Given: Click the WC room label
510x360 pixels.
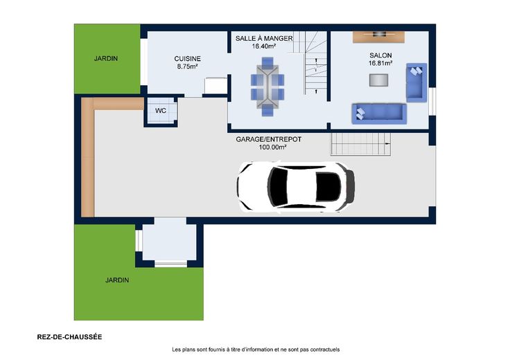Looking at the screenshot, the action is (x=161, y=111).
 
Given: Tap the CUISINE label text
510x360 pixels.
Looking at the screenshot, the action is (x=187, y=59).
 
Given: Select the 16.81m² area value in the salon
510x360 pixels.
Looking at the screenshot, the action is (x=380, y=64).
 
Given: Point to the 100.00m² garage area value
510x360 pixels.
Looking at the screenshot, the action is (x=272, y=147).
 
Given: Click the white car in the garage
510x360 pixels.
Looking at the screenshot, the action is (x=296, y=187).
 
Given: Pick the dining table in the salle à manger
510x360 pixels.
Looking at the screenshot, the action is (x=267, y=87).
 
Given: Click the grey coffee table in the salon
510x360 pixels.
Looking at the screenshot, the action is (x=378, y=80).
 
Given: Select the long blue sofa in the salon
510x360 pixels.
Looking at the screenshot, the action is (x=379, y=114).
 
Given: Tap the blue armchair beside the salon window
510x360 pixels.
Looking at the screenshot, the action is (x=416, y=82).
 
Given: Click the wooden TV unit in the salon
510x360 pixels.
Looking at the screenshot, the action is (x=378, y=37).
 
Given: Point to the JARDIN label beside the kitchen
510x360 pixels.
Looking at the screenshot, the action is (x=106, y=58).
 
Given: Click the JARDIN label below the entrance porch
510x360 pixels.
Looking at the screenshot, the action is (x=117, y=280).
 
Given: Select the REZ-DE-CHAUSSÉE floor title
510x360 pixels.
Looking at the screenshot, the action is (x=69, y=337).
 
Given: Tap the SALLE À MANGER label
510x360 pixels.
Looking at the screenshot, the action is (x=264, y=38).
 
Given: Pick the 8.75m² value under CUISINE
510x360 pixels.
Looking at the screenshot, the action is (x=187, y=66).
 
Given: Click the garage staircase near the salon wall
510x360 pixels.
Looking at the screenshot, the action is (x=360, y=144).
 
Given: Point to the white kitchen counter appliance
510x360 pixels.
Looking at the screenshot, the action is (x=216, y=86).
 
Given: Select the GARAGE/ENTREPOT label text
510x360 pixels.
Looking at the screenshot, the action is (x=269, y=139).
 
